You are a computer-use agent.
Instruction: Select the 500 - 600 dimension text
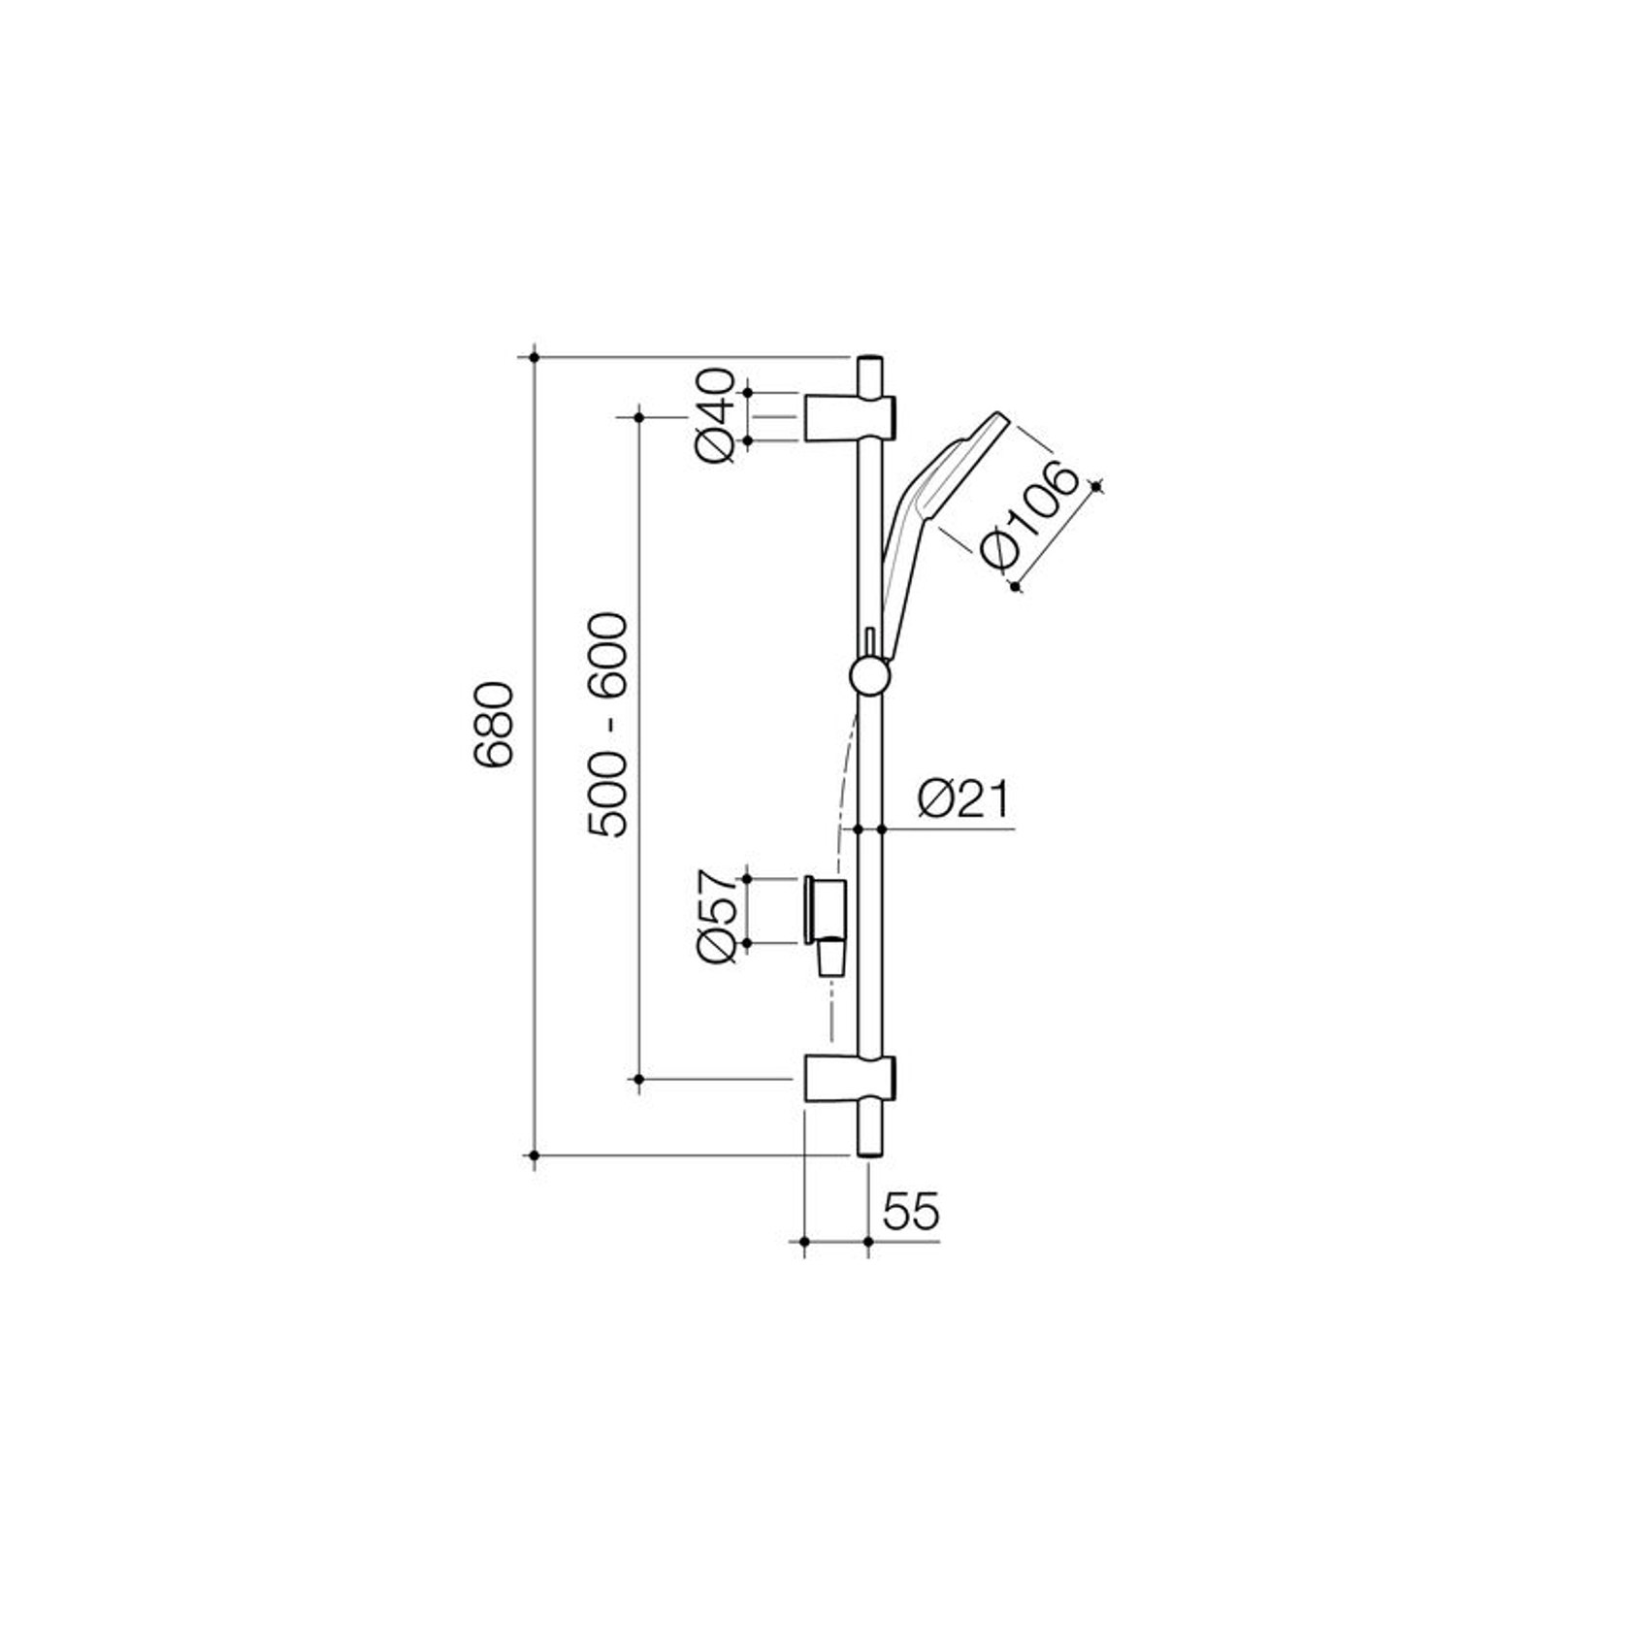[609, 724]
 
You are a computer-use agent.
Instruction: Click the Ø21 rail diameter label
[963, 799]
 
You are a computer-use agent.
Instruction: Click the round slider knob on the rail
[868, 675]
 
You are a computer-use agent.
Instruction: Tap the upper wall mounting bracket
[849, 417]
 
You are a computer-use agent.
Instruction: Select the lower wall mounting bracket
[849, 1079]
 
